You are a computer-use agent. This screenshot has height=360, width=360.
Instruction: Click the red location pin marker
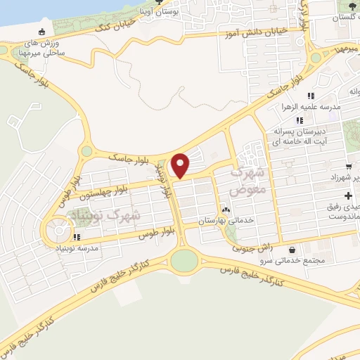coord(181,165)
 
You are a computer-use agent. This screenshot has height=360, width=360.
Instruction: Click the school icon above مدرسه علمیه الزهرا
coord(309,96)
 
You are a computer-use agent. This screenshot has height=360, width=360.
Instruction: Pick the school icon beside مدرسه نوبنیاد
coord(76,237)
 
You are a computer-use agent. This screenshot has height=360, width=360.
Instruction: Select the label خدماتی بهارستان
coord(225,221)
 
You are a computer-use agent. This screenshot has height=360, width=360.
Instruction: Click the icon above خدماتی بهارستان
coord(226,210)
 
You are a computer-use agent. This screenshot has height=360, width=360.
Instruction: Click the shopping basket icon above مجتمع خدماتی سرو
coord(292,250)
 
